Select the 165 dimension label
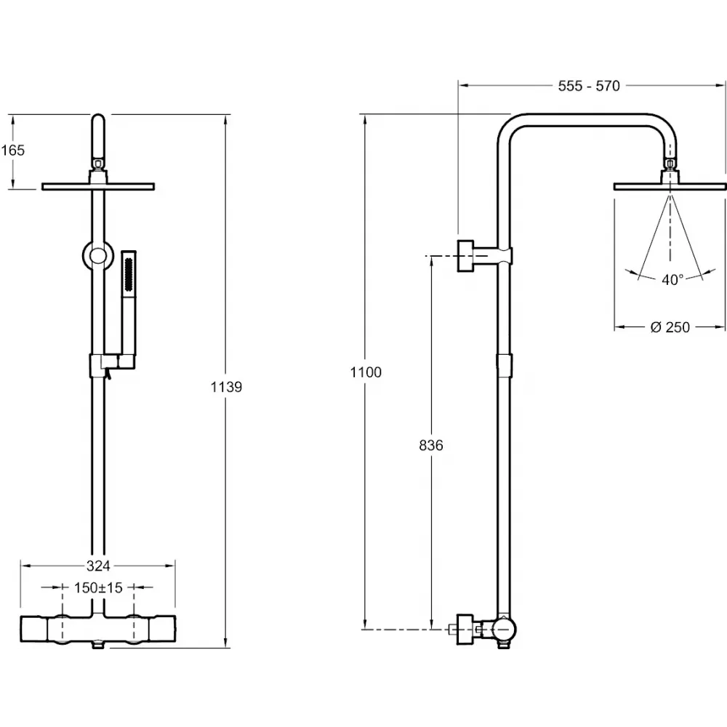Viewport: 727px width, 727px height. point(13,150)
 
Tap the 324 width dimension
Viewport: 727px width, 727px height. point(98,565)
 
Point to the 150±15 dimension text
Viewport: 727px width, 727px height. point(98,587)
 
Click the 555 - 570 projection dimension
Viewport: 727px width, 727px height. point(589,86)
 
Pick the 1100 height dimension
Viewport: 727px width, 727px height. point(365,372)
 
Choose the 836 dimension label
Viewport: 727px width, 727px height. point(431,445)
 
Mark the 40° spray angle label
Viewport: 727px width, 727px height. point(672,280)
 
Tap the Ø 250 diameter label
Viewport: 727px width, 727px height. point(670,327)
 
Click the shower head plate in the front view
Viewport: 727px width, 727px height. point(98,187)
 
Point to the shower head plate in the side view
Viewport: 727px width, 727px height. point(670,187)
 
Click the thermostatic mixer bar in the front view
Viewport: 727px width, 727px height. point(98,627)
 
